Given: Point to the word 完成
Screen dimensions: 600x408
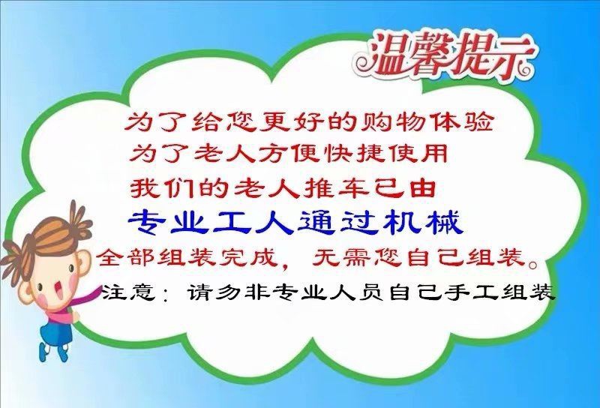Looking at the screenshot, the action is pos(248,256).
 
